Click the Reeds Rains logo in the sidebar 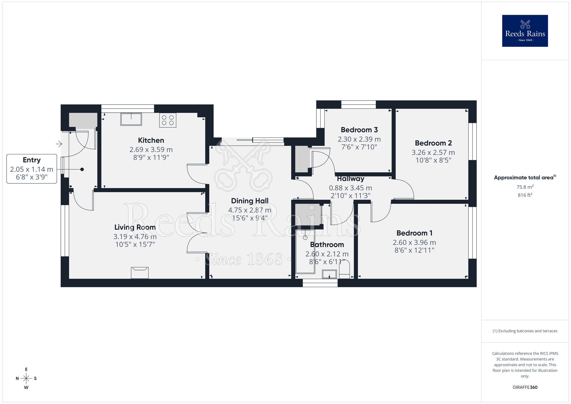pos(525,31)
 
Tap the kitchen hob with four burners pos(168,120)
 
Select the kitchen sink pos(131,119)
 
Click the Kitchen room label pos(151,140)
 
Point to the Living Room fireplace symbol pos(140,273)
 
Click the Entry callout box pos(32,169)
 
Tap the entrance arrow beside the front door pos(59,144)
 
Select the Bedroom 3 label pos(359,130)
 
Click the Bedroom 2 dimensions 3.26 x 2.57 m pos(433,153)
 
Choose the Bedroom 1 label pos(414,233)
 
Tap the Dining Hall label pos(250,201)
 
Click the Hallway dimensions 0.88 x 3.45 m pos(350,188)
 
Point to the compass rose pos(26,379)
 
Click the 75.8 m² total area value pos(525,187)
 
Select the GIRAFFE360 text pos(525,387)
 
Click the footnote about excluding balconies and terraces pos(525,331)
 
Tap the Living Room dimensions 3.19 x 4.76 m pos(135,237)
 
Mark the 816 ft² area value pos(525,195)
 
